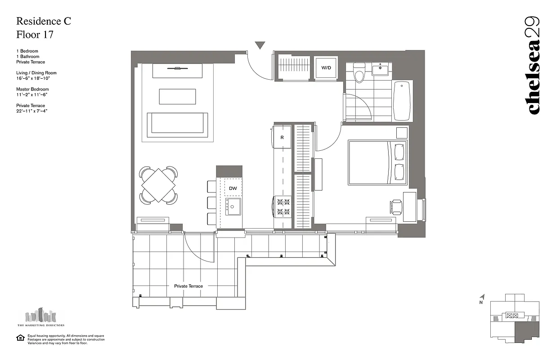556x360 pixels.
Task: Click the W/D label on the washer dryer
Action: (326, 68)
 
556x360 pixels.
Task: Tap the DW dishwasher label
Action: (233, 189)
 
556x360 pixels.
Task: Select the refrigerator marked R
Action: (282, 137)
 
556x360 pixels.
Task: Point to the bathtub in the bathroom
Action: (402, 101)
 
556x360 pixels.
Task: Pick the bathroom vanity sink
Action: (381, 70)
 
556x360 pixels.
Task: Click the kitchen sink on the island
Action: (233, 207)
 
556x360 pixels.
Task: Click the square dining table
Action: (158, 184)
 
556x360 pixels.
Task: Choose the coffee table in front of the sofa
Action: (177, 96)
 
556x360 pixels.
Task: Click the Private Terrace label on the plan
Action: (188, 286)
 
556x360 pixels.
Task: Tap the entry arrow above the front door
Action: (260, 45)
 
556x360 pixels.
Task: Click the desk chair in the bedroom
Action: (396, 207)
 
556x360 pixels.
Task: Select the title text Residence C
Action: (44, 21)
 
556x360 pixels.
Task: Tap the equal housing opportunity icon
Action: (20, 338)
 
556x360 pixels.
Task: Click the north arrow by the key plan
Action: (482, 297)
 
